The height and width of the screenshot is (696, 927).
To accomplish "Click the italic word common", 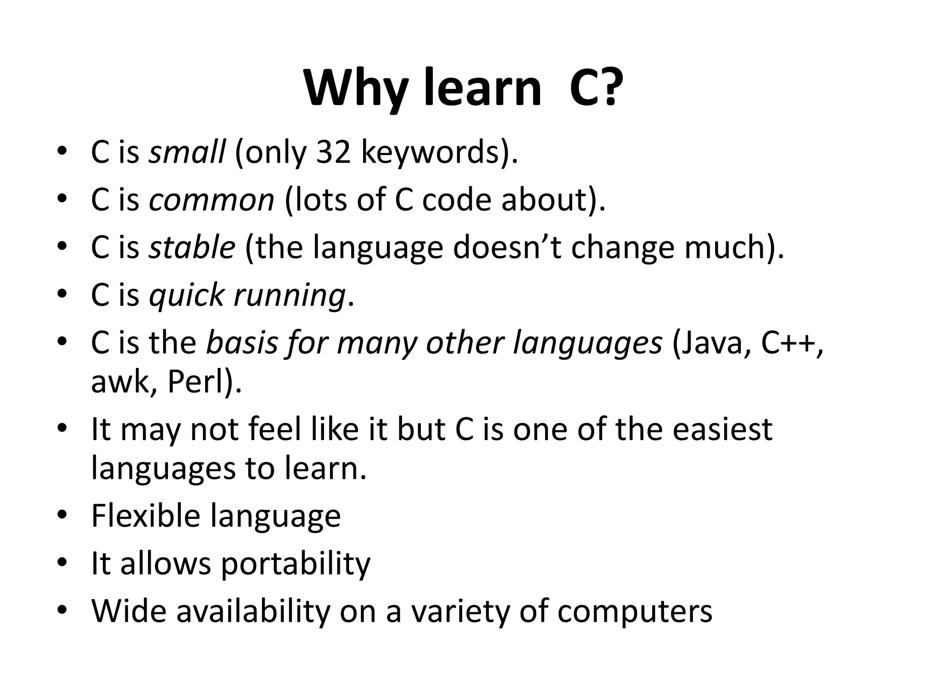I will (211, 200).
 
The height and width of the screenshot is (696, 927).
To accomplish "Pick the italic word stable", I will (192, 247).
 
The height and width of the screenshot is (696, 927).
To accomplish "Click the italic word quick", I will (186, 295).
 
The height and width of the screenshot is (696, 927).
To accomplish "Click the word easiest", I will (722, 429).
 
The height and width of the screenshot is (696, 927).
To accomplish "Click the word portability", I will (296, 565).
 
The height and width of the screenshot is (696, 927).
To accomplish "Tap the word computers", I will (635, 612).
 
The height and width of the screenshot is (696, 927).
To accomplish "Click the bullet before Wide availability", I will (62, 610).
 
